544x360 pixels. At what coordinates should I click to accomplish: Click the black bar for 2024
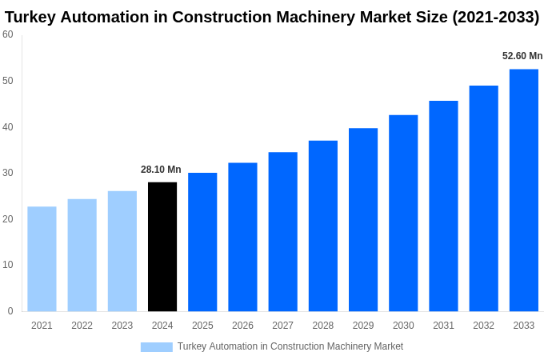point(162,246)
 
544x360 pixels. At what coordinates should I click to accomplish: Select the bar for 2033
point(523,190)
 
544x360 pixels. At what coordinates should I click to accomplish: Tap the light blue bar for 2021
point(42,258)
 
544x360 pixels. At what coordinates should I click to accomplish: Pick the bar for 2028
point(323,226)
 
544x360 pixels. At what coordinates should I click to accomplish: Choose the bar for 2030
point(403,213)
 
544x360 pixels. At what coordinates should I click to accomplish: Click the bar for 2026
point(242,237)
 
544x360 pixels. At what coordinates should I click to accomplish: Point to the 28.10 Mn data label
point(161,170)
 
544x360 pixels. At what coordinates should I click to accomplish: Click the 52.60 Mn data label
point(522,56)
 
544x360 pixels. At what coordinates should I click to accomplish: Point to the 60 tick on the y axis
point(8,34)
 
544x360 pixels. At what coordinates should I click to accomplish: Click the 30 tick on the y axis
point(8,173)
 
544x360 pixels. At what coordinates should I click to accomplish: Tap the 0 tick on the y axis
point(10,311)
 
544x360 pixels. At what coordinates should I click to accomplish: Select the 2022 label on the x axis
point(82,326)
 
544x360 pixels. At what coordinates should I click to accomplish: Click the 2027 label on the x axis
point(282,326)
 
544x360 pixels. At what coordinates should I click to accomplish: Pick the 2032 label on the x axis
point(483,326)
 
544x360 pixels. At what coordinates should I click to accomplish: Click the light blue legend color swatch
point(156,346)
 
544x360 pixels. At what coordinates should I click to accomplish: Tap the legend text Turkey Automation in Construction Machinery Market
point(290,346)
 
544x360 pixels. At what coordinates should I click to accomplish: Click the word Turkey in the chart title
point(31,17)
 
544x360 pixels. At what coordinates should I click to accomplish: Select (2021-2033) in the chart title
point(496,17)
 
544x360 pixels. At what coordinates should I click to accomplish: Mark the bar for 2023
point(122,250)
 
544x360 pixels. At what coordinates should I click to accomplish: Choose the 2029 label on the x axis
point(363,326)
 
